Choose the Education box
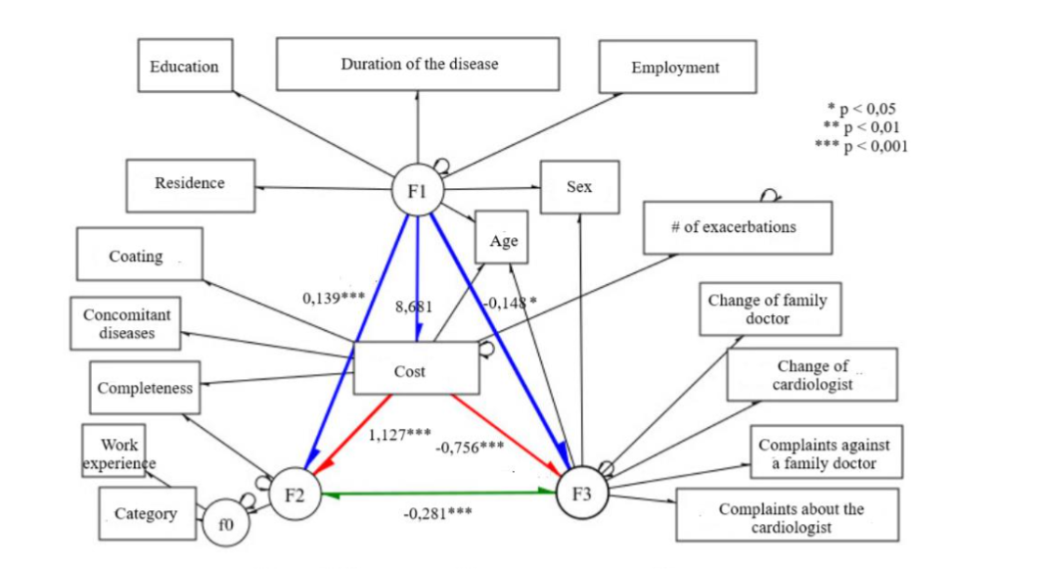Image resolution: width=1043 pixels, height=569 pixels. coord(185,67)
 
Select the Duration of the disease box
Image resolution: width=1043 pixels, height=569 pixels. coord(418,65)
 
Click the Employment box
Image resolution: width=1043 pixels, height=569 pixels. coord(676,68)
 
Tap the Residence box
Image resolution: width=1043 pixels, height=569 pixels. coord(190,184)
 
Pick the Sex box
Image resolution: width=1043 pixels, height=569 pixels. coord(579,187)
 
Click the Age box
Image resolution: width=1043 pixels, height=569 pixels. coord(503,238)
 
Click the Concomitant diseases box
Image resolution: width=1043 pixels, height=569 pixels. coord(127,323)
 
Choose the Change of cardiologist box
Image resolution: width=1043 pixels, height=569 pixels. coord(811,375)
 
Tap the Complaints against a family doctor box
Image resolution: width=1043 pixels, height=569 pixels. coord(825,452)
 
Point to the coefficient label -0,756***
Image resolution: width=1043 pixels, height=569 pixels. coord(470,447)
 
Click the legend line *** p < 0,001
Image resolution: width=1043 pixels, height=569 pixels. coord(861,146)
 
